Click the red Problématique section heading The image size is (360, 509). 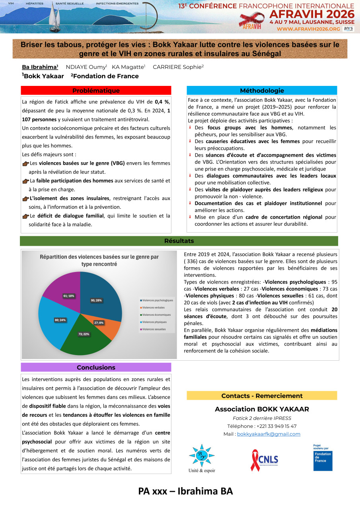click(x=96, y=91)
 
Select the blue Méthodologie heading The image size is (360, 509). click(x=262, y=91)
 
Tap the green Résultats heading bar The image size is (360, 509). click(x=179, y=241)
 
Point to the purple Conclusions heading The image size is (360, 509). click(x=96, y=367)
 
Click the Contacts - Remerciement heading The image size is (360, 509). click(x=262, y=396)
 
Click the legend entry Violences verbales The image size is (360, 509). click(x=153, y=307)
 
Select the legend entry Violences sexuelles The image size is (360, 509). click(x=154, y=329)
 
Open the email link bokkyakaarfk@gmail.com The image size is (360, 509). click(x=269, y=434)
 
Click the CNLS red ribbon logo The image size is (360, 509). click(x=264, y=460)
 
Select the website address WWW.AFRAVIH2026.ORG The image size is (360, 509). click(x=308, y=29)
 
